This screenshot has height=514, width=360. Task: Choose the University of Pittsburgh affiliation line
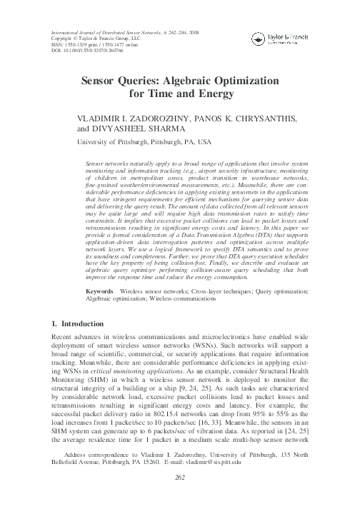pos(133,142)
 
